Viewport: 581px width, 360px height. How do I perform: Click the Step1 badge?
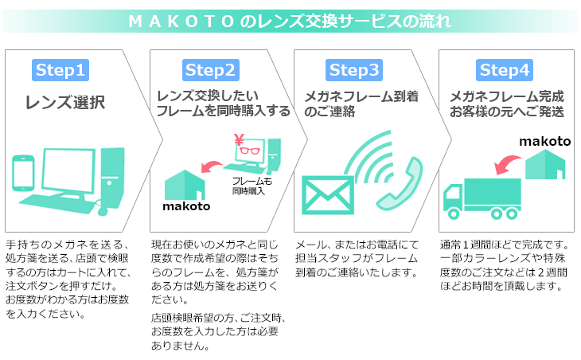[x=60, y=70]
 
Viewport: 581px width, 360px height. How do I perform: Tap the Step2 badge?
[x=210, y=70]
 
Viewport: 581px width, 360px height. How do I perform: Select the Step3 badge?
[x=354, y=70]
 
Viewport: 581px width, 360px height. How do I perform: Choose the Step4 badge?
[x=505, y=70]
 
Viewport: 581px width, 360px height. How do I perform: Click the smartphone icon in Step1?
[x=23, y=173]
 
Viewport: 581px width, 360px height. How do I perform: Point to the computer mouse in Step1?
[x=103, y=209]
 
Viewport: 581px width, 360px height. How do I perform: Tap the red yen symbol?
[x=239, y=140]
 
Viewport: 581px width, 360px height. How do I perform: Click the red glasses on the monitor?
[x=250, y=151]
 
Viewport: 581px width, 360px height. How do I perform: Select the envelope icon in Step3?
[x=328, y=195]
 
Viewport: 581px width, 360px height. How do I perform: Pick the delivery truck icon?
[x=482, y=199]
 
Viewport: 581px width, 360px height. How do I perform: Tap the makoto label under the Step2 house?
[x=186, y=206]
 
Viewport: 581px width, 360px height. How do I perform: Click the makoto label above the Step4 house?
[x=545, y=141]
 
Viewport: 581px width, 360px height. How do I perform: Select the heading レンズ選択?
[x=65, y=102]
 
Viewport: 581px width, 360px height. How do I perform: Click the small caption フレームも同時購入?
[x=252, y=186]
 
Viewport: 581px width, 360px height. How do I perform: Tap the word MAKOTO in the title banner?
[x=181, y=22]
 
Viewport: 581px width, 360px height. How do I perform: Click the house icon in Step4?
[x=545, y=165]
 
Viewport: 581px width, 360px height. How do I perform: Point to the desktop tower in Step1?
[x=112, y=178]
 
